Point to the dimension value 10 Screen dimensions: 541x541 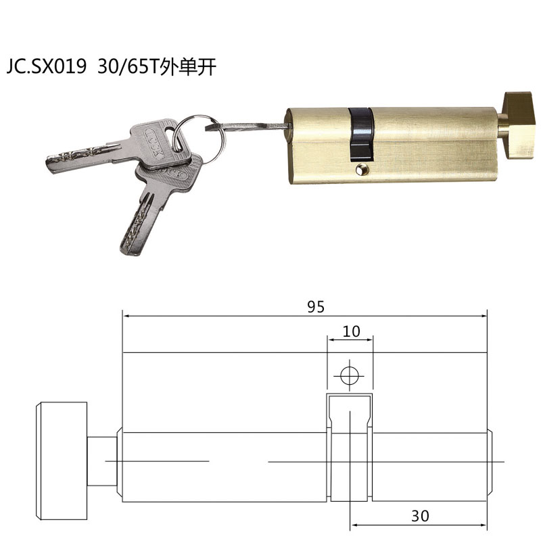point(351,332)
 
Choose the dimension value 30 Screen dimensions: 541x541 point(420,516)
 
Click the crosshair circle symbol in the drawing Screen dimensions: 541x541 point(349,375)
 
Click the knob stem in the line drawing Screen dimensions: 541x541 point(103,461)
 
